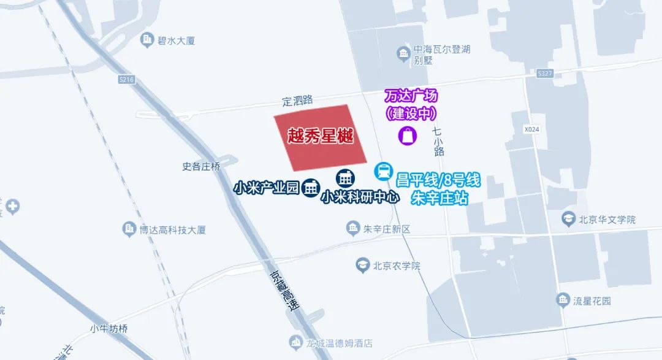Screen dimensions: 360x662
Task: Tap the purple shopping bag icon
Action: [x=408, y=135]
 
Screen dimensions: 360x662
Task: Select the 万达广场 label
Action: [x=411, y=96]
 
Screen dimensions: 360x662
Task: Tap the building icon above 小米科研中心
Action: [x=345, y=178]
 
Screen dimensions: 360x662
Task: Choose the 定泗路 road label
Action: [x=297, y=100]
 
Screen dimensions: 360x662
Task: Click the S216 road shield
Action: [x=127, y=80]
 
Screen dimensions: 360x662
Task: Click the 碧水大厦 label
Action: [x=167, y=41]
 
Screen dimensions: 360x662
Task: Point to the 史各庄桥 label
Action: [x=201, y=166]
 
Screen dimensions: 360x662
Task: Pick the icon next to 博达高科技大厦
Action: [x=129, y=229]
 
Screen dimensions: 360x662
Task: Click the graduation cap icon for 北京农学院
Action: [x=362, y=266]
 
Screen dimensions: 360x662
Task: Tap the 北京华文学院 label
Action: [x=607, y=219]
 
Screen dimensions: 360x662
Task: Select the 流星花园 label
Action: [x=592, y=301]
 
